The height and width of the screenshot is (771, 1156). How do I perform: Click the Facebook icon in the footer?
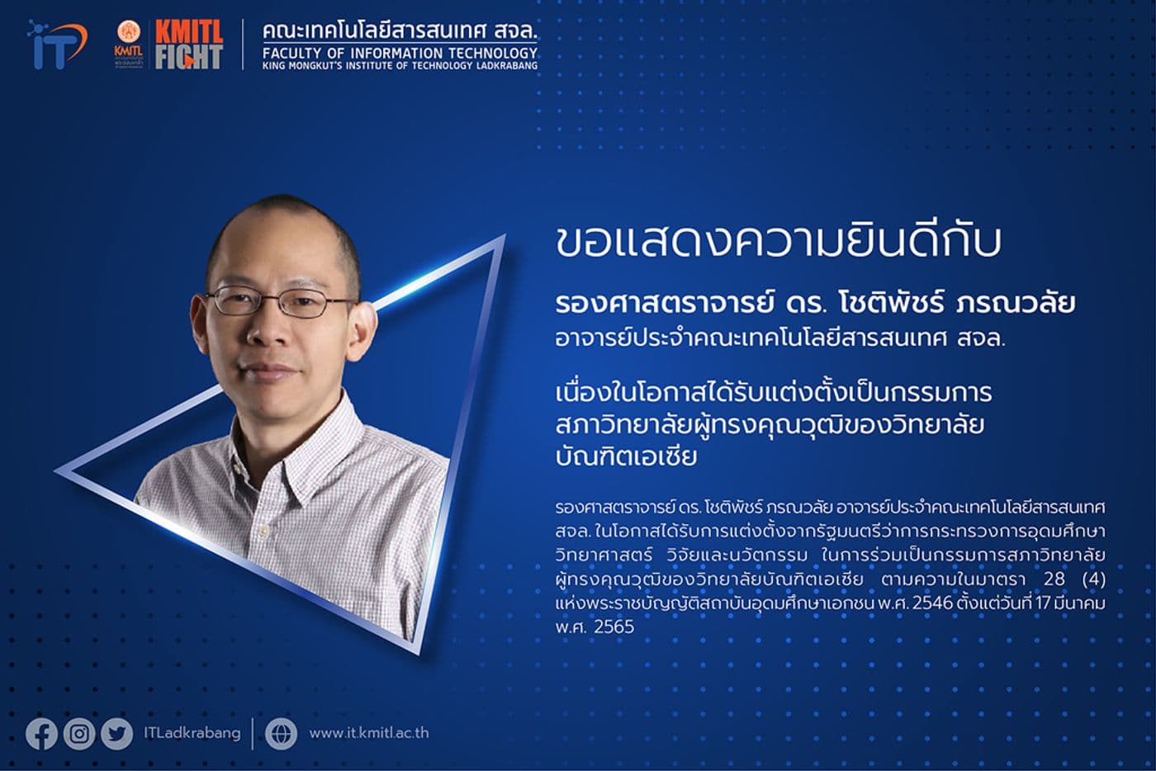coord(41,734)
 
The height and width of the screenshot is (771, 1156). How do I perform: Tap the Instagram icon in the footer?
coord(79,734)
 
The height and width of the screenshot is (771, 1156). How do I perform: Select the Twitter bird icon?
coord(116,734)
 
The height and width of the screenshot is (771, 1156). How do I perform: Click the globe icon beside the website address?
coord(281,734)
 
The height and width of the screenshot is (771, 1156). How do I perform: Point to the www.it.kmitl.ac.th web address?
coord(368,733)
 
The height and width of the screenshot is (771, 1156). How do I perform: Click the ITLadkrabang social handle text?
coord(192,733)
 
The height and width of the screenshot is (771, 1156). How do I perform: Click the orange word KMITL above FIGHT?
coord(189,32)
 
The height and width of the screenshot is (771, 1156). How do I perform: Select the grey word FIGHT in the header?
coord(189,57)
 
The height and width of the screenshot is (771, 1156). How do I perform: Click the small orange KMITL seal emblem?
coord(128,33)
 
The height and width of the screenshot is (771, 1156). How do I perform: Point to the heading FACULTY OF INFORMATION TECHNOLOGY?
coord(400,53)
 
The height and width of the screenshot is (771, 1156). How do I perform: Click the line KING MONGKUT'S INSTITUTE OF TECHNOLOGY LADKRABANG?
coord(400,66)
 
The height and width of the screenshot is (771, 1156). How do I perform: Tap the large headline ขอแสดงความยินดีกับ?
coord(779,241)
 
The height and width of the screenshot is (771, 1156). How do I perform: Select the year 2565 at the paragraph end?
coord(614,627)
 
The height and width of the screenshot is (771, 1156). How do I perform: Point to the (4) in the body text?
coord(1093,579)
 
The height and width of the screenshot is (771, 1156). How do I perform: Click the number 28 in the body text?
coord(1054,579)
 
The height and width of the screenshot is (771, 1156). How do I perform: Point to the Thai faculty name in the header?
coord(400,31)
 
